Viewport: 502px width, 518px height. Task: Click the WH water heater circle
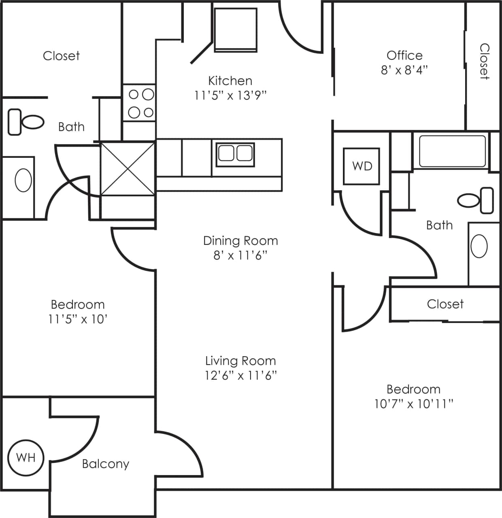(26, 457)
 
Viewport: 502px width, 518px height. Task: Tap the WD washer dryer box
(362, 166)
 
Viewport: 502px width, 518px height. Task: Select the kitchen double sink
(235, 154)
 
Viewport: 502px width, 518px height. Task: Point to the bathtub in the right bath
(452, 151)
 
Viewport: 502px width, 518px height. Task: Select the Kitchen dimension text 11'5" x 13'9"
(230, 96)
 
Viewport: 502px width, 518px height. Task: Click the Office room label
(404, 55)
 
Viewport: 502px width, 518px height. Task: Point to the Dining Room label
(240, 241)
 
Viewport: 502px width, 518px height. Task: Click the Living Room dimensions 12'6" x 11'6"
(240, 376)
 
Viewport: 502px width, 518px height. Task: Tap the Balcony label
(105, 464)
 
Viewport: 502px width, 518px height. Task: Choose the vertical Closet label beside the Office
(484, 61)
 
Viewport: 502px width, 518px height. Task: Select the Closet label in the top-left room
(61, 56)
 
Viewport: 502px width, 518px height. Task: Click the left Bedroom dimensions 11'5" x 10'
(77, 319)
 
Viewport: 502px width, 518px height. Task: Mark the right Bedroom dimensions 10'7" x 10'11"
(413, 404)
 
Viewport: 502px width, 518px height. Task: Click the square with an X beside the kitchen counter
(128, 168)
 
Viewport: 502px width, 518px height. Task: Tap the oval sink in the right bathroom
(479, 246)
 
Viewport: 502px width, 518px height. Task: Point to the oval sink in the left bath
(23, 180)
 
